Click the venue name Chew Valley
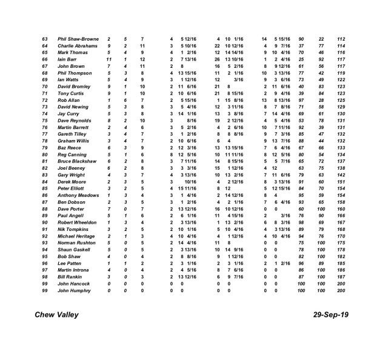tap(56, 315)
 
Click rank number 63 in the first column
tap(44, 39)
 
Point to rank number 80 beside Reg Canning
tap(44, 155)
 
